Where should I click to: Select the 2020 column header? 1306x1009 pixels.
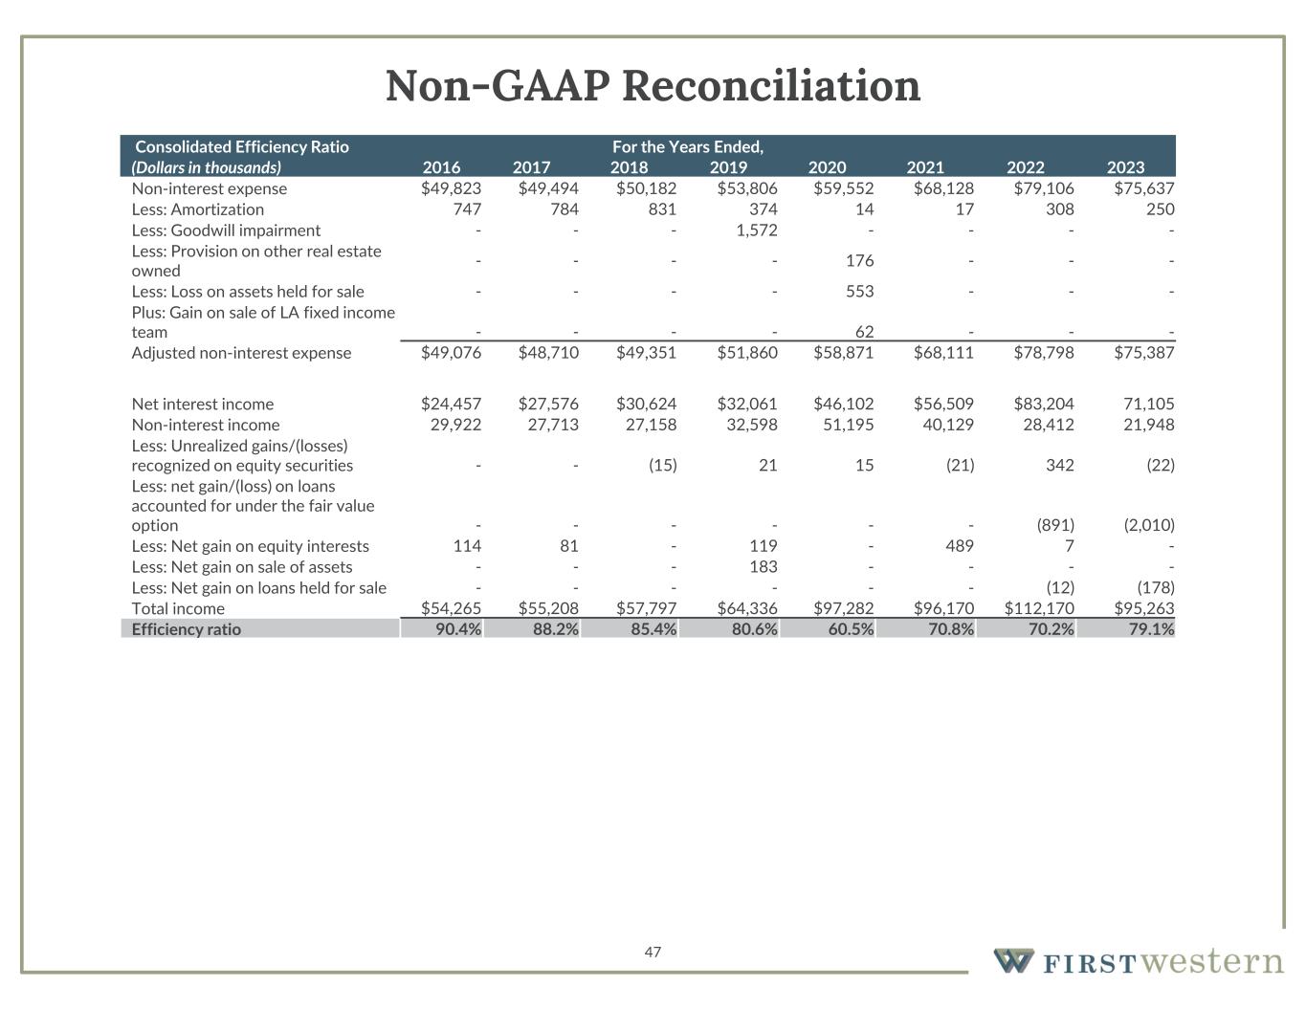tap(827, 167)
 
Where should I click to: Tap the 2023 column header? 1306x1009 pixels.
tap(1125, 167)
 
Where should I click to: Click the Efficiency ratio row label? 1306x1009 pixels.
tap(187, 629)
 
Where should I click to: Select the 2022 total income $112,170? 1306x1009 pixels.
tap(1039, 608)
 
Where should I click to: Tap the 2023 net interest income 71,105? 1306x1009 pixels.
tap(1148, 404)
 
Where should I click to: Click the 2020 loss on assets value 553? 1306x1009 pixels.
tap(860, 291)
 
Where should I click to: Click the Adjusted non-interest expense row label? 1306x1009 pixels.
tap(241, 353)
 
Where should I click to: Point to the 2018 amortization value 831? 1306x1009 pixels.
tap(662, 209)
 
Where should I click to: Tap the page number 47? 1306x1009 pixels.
tap(653, 952)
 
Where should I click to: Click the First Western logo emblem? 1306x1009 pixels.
tap(1013, 960)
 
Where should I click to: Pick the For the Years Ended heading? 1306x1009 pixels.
tap(687, 146)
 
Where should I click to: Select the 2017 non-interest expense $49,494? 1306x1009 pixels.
tap(548, 188)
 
